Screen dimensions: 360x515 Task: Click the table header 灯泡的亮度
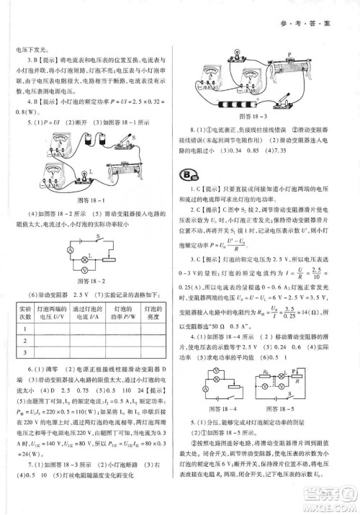point(153,310)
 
